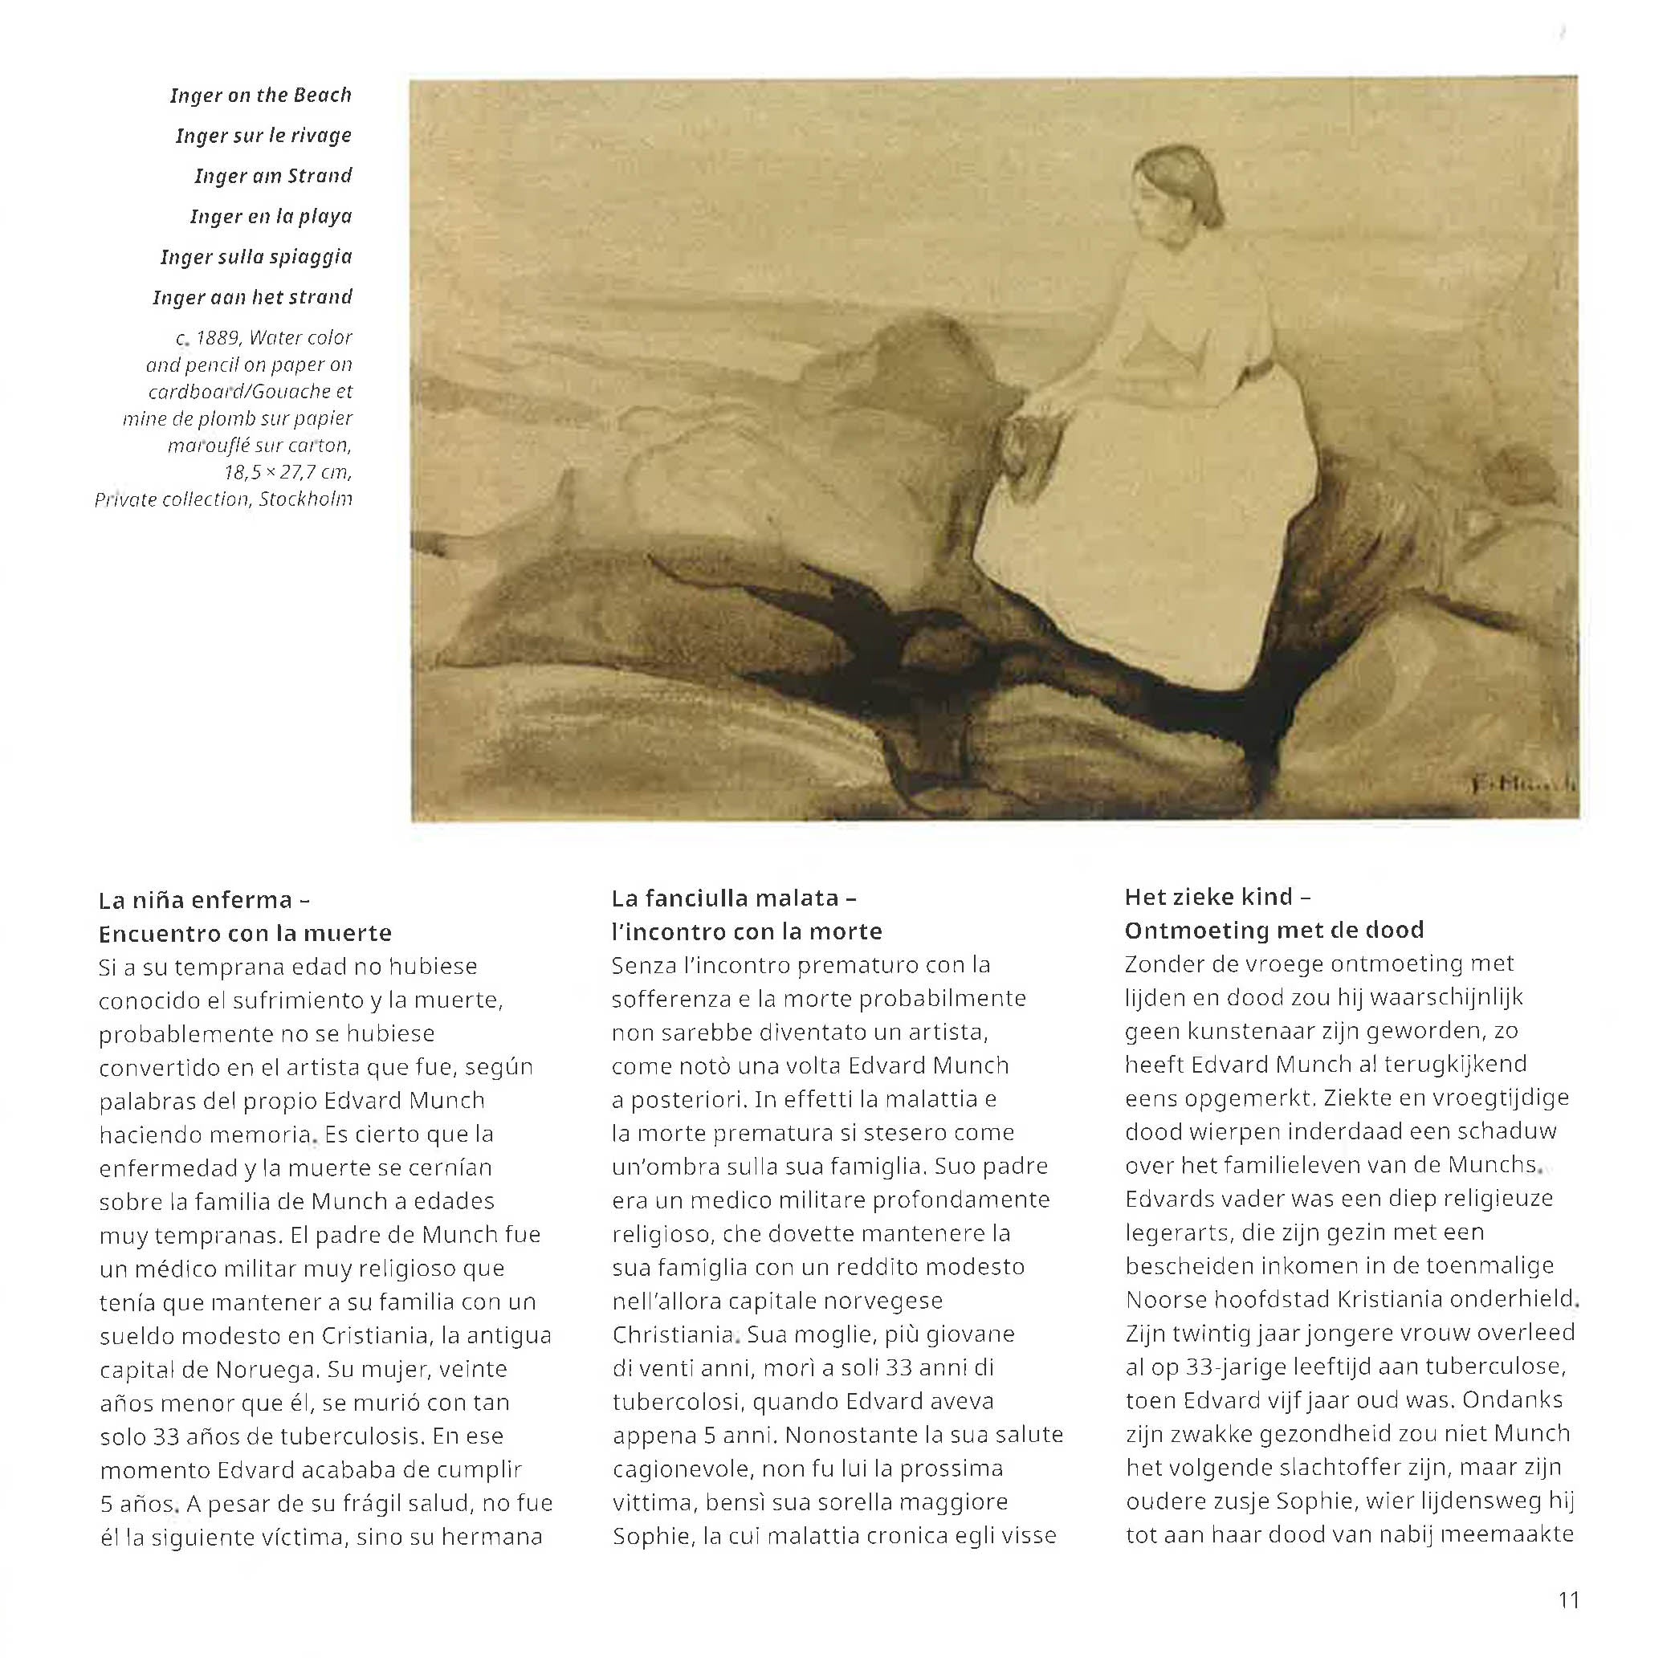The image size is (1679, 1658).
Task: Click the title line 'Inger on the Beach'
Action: [x=261, y=95]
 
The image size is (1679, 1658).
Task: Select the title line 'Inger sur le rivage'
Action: [x=263, y=136]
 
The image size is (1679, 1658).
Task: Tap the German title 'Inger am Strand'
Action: [x=273, y=176]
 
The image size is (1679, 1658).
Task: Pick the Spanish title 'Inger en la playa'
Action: [x=271, y=216]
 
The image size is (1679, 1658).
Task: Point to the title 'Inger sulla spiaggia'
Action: [x=256, y=256]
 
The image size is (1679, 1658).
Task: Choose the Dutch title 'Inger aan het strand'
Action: [x=252, y=297]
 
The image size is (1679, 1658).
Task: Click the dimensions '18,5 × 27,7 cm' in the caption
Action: [x=287, y=472]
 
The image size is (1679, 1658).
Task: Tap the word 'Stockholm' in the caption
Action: [x=305, y=499]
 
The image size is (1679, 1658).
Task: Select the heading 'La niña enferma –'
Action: [x=204, y=899]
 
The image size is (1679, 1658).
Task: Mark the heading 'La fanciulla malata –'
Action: [x=735, y=898]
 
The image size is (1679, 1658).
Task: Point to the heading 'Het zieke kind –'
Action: [x=1217, y=896]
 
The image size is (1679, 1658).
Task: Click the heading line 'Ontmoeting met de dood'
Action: [x=1274, y=930]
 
